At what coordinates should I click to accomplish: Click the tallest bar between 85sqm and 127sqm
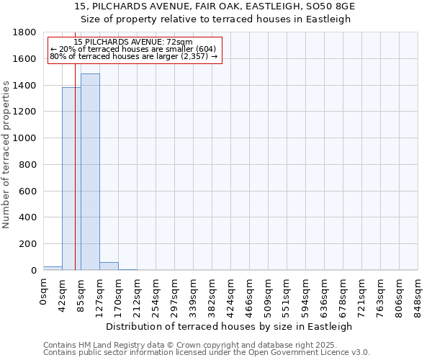coord(90,173)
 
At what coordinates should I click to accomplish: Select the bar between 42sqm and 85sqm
coord(71,180)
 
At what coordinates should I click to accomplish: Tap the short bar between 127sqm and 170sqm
coord(109,266)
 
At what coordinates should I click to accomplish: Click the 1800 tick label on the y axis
coord(24,32)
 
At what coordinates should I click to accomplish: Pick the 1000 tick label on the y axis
coord(24,138)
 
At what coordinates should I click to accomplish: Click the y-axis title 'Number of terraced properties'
coord(7,155)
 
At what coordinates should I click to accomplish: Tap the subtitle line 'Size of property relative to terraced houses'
coord(215,19)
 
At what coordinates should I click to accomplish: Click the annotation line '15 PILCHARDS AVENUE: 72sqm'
coord(133,42)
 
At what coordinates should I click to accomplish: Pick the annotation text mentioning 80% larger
coord(133,56)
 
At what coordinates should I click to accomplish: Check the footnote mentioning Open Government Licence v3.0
coord(207,353)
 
